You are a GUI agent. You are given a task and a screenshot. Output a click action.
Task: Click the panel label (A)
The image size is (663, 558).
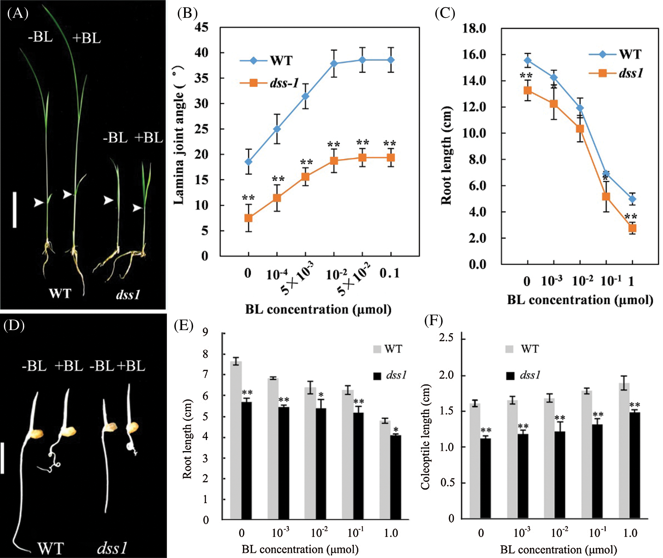click(17, 14)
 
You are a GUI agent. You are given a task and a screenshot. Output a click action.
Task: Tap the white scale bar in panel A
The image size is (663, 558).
click(14, 210)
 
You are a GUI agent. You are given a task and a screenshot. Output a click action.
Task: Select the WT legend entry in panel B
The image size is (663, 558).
click(266, 60)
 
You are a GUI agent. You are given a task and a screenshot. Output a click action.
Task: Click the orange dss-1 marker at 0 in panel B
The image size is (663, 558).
click(248, 218)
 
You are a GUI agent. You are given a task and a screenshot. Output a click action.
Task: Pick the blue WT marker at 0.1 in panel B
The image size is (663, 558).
click(391, 60)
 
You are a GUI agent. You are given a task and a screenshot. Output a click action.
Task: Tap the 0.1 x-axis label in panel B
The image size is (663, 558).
click(390, 273)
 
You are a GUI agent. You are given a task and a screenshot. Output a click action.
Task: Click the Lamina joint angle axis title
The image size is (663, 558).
click(179, 135)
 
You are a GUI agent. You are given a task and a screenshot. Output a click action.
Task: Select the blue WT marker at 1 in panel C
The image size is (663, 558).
click(632, 199)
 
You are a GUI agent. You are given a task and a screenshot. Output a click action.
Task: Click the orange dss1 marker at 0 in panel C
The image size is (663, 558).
click(528, 91)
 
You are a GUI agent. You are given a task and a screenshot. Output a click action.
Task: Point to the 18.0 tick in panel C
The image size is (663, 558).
click(474, 29)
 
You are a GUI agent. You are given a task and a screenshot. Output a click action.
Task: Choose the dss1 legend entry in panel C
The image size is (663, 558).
click(616, 73)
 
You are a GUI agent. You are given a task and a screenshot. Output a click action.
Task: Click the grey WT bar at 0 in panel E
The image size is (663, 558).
click(236, 440)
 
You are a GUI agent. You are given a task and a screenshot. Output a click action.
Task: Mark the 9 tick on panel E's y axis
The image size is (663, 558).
click(205, 332)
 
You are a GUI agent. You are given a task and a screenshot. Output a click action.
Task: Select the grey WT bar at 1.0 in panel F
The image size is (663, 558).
click(624, 451)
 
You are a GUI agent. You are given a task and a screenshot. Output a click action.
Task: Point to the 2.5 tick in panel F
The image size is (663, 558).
click(446, 338)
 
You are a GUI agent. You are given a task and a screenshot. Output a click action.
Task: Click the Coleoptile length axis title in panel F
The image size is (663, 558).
click(426, 437)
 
